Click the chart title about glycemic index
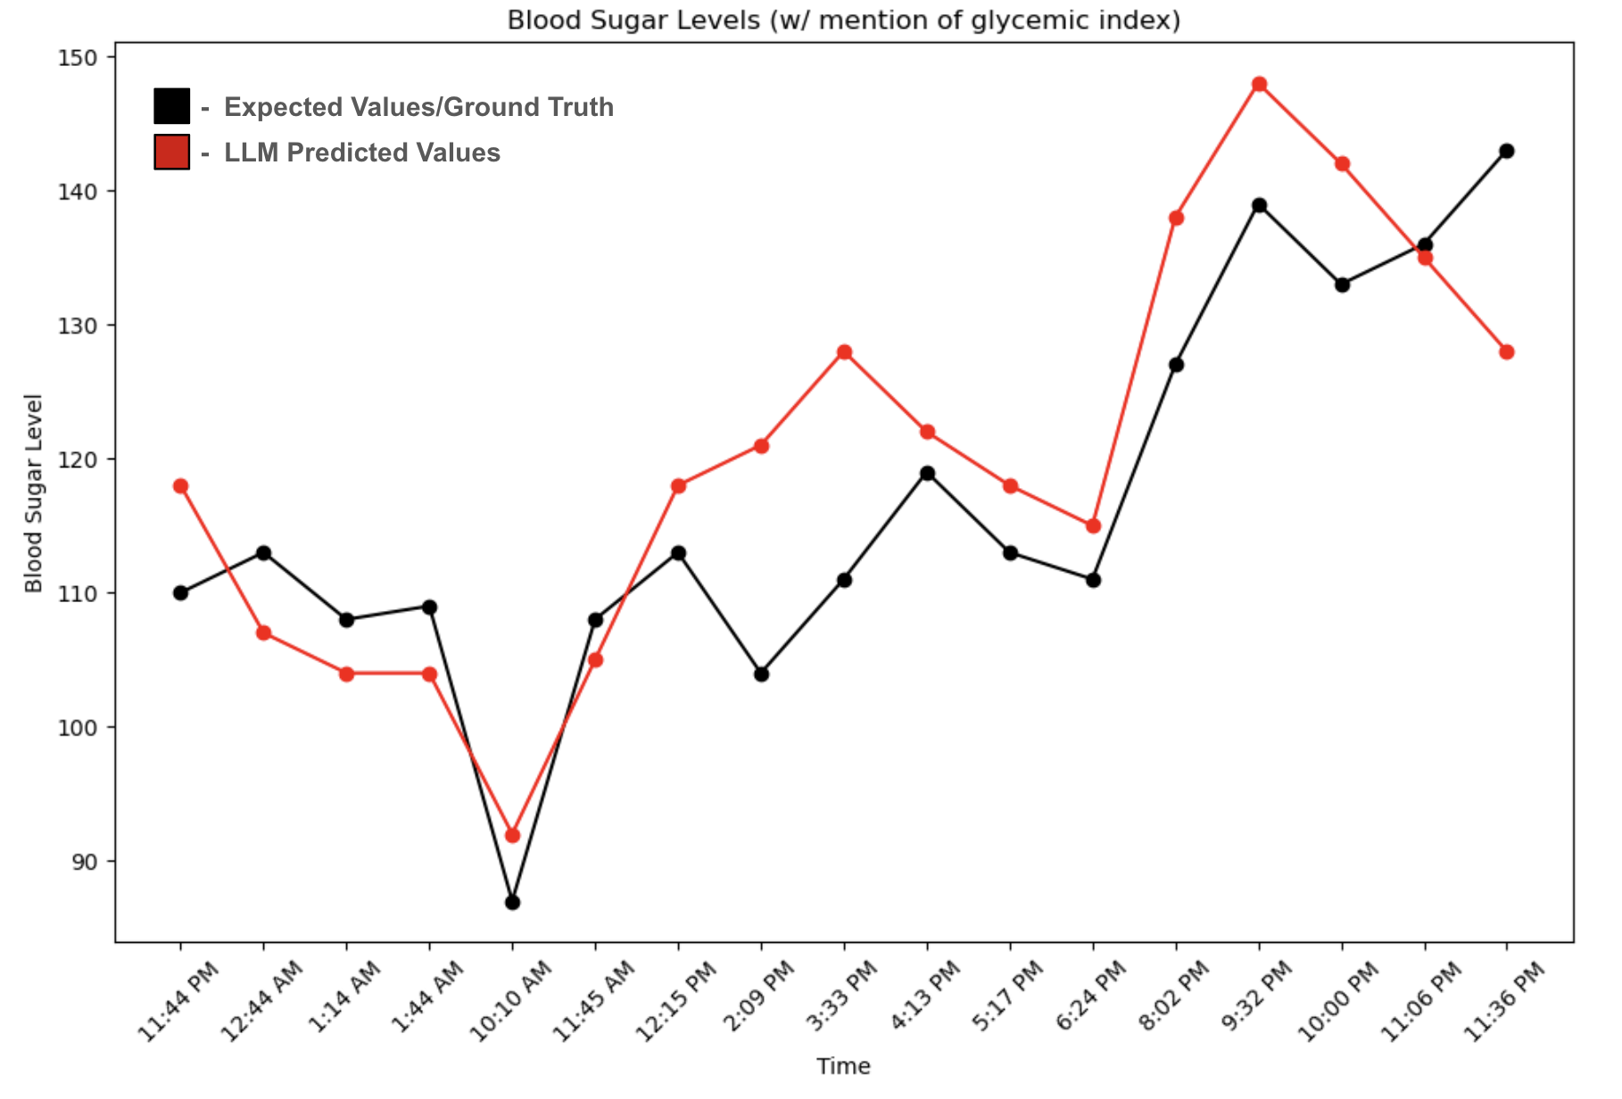[x=843, y=20]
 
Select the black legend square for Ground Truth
[x=171, y=106]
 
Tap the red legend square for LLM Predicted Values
[x=171, y=152]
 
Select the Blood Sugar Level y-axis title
[x=34, y=492]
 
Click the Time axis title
[x=843, y=1066]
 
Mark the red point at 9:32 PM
[x=1259, y=85]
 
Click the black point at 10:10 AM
[x=512, y=903]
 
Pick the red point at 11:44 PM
[x=180, y=486]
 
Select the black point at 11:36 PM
[x=1507, y=151]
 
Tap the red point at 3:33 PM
[x=844, y=352]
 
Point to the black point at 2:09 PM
[x=761, y=674]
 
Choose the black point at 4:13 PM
[x=927, y=473]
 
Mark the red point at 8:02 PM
[x=1176, y=218]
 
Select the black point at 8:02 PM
[x=1176, y=365]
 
